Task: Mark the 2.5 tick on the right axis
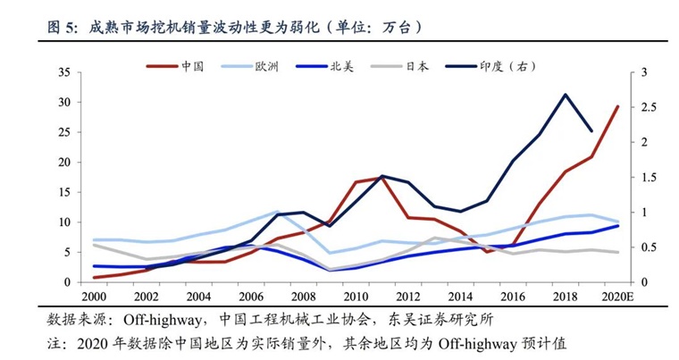pos(648,107)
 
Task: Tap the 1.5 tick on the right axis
pos(648,177)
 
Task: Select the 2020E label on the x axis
pos(617,297)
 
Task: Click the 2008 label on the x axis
pos(304,297)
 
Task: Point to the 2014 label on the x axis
pos(461,297)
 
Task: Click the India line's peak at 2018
pos(565,94)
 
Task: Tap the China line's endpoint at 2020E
pos(617,106)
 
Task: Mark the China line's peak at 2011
pos(382,178)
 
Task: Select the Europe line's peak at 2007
pos(277,212)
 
